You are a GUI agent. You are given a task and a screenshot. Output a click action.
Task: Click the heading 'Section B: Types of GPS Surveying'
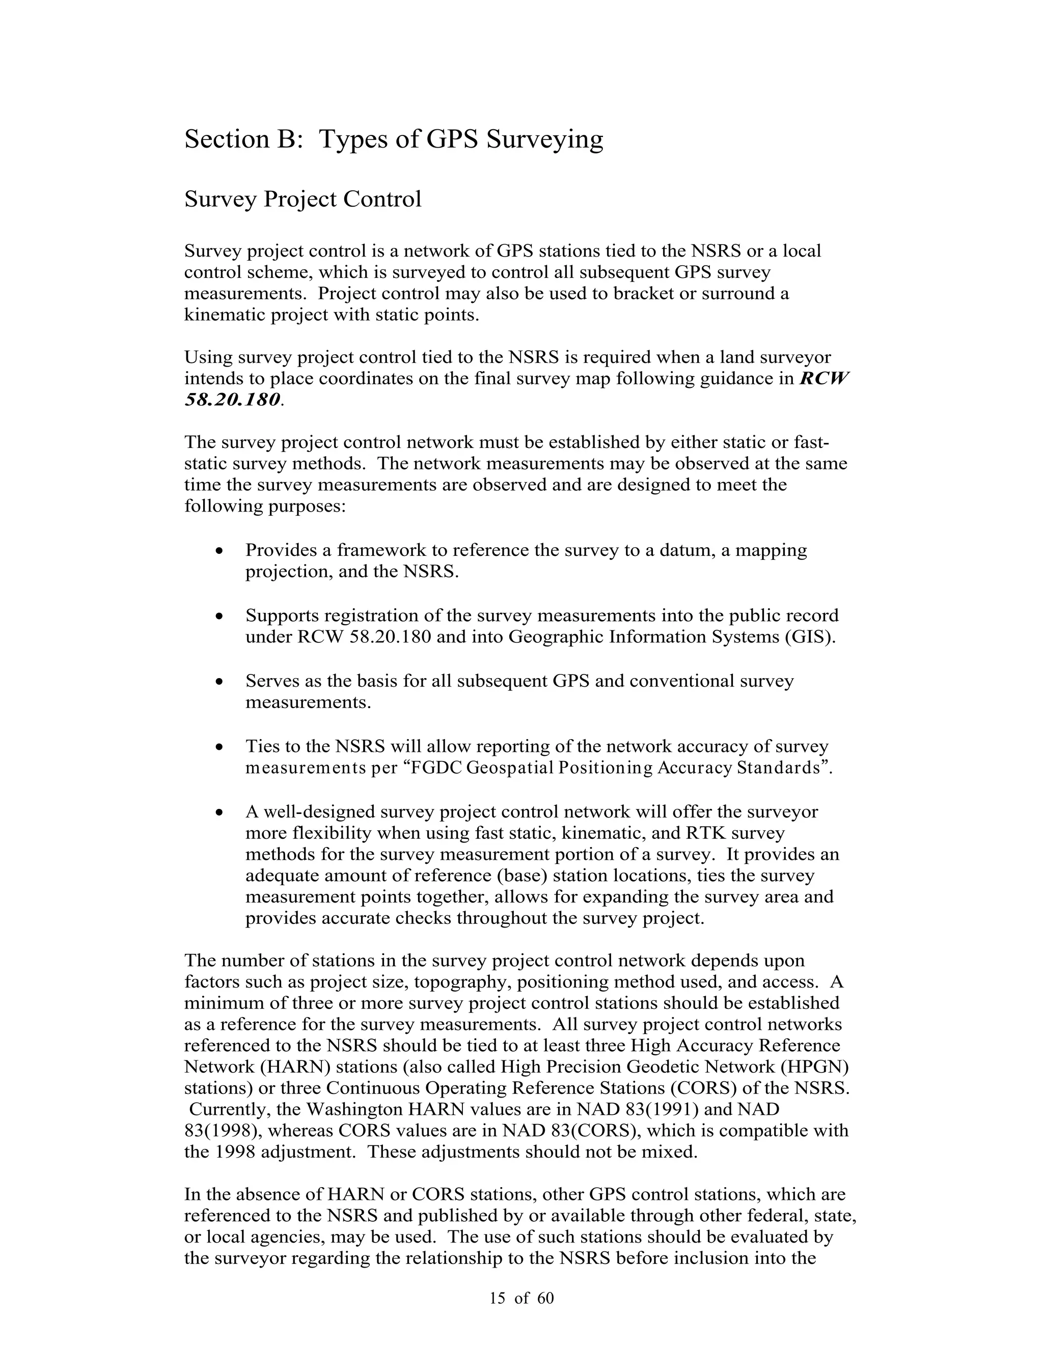(394, 139)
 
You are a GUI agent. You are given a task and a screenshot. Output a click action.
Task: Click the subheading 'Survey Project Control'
(303, 200)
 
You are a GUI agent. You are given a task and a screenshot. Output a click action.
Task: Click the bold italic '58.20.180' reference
(232, 400)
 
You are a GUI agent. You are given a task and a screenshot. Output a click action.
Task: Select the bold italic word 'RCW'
(825, 378)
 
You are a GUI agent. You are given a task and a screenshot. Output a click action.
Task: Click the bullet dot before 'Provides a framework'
(219, 550)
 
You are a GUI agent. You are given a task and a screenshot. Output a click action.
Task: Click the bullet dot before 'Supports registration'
(219, 616)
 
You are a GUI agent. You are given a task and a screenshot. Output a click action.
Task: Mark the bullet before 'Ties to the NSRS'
(219, 747)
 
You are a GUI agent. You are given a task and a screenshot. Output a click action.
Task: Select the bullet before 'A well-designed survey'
(219, 812)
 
